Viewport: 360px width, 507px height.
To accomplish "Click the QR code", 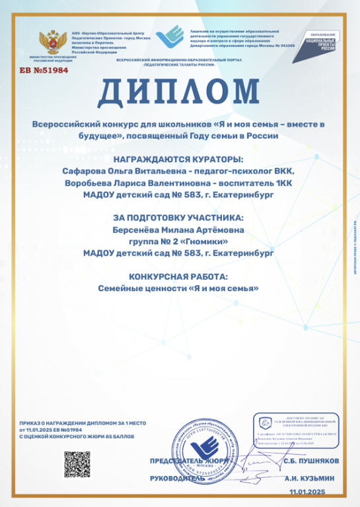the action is click(x=76, y=463).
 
